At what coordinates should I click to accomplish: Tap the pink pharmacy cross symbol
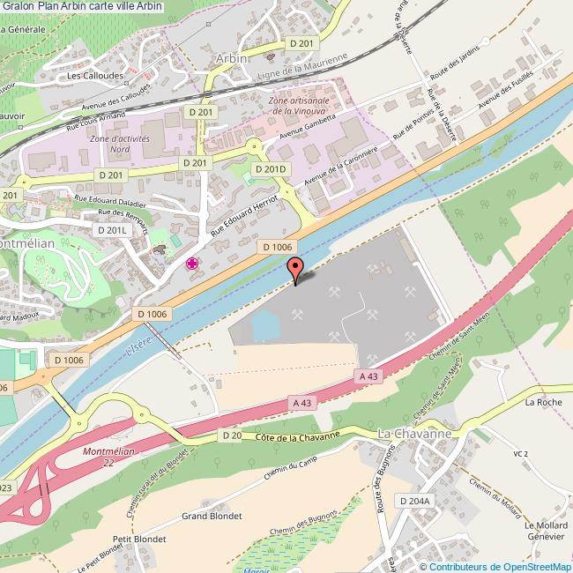[x=191, y=263]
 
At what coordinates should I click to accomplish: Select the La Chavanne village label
[x=413, y=435]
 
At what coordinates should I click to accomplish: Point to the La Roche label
[x=542, y=403]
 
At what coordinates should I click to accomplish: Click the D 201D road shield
[x=271, y=168]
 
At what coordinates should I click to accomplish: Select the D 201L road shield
[x=113, y=229]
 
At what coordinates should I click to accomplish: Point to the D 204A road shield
[x=413, y=501]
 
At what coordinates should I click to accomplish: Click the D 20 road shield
[x=232, y=435]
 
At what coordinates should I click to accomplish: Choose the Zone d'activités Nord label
[x=120, y=145]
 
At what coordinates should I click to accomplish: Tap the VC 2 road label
[x=520, y=453]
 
